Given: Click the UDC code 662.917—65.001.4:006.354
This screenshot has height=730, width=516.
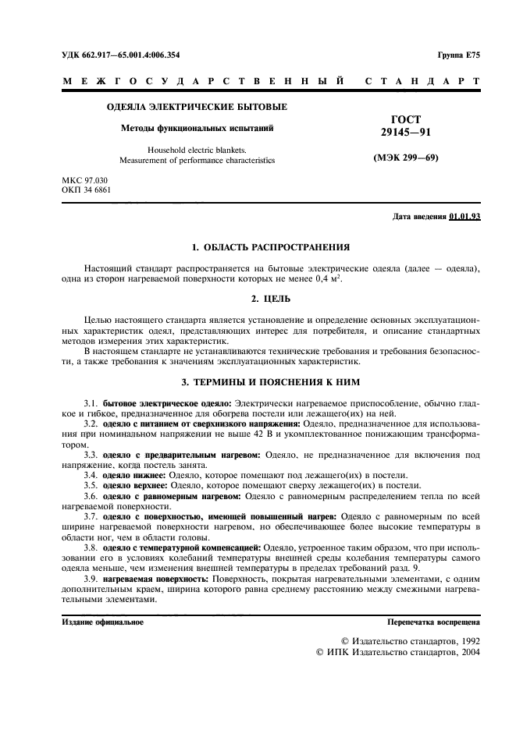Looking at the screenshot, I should click(131, 55).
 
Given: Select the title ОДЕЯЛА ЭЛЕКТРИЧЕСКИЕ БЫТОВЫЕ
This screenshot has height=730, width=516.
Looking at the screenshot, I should click(196, 106).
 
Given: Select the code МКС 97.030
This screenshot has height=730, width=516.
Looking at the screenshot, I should click(85, 180).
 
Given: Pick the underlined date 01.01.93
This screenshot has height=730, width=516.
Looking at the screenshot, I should click(464, 216).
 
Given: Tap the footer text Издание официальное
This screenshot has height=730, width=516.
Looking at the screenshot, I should click(102, 622).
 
